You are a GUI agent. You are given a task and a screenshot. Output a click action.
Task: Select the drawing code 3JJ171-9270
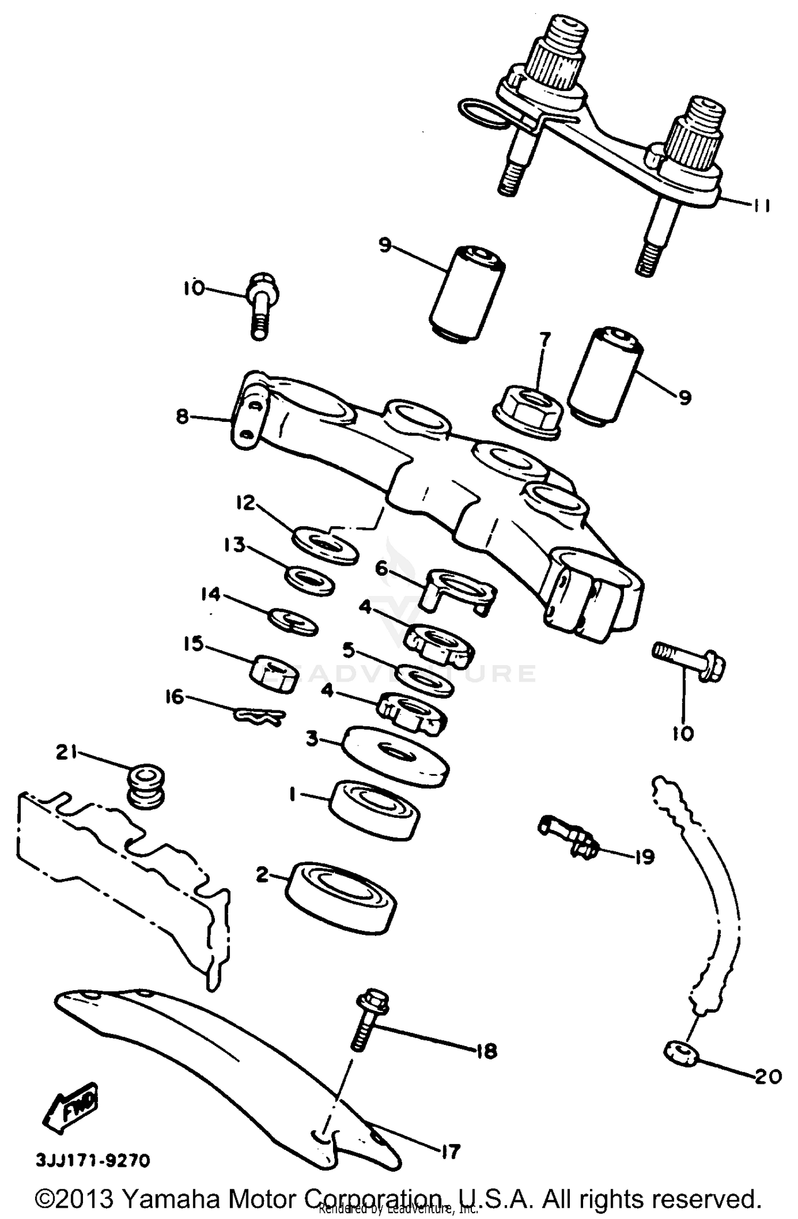93,1160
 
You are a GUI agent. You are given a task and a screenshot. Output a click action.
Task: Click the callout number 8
182,417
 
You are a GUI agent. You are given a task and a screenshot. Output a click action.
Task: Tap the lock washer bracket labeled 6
459,589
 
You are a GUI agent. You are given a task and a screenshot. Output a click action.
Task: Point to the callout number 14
211,594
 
